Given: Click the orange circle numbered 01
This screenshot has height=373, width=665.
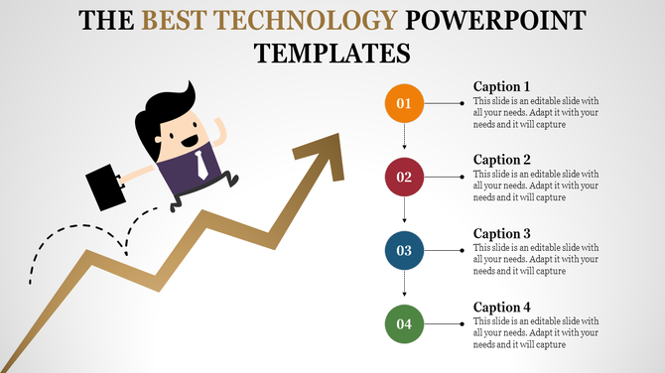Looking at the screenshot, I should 404,103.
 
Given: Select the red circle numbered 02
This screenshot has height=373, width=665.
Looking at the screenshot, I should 404,178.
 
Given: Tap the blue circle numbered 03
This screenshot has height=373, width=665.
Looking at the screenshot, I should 404,251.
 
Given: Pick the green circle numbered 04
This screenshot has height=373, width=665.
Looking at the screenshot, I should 404,324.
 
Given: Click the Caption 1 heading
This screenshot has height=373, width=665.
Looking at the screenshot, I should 502,86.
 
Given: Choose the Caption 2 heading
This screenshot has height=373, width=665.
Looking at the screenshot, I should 502,160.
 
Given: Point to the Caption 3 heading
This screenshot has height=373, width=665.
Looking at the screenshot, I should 502,233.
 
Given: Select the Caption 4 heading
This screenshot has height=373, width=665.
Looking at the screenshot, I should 502,307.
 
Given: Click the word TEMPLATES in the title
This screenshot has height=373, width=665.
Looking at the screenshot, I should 332,52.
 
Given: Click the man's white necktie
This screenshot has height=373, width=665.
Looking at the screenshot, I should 200,162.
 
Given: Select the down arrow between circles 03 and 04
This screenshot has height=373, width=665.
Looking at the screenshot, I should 404,288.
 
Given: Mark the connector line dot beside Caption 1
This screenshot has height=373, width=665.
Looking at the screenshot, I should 463,103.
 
